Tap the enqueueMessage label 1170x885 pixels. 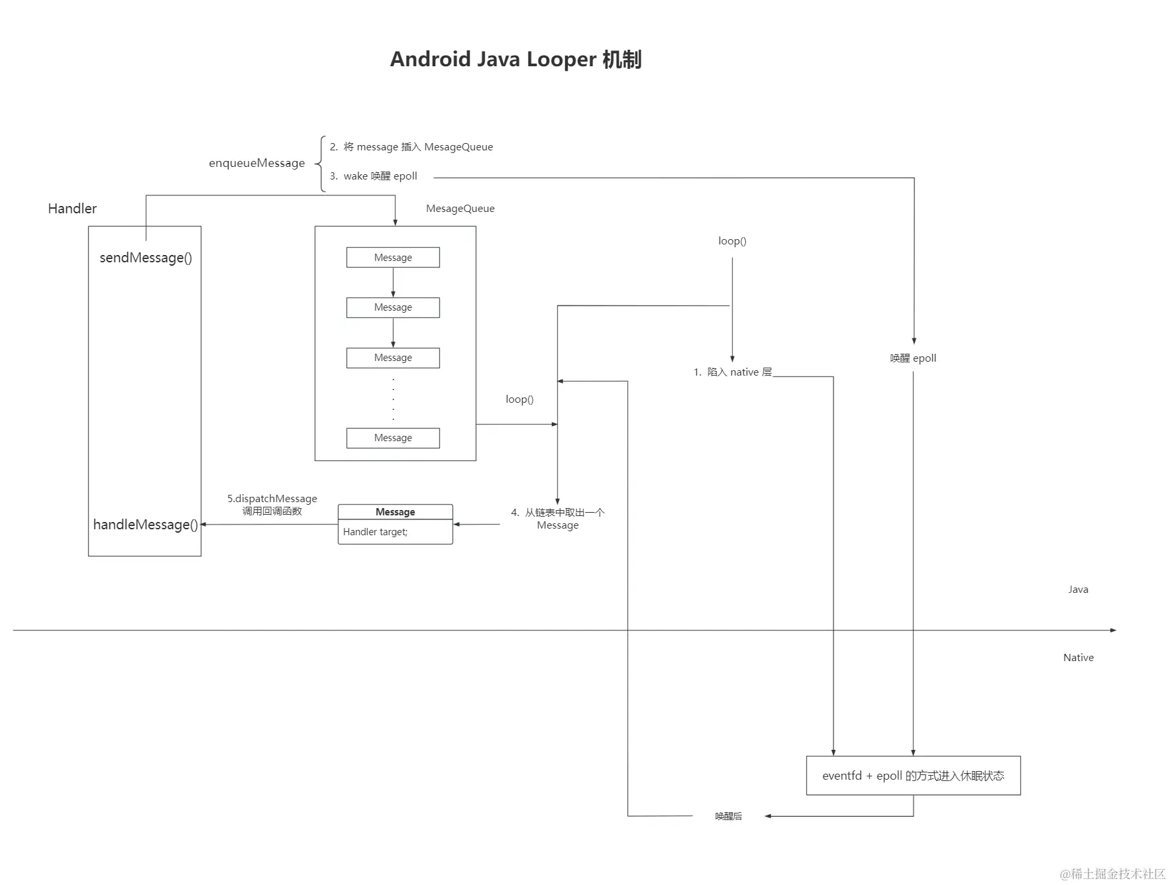point(257,163)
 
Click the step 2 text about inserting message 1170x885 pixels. point(411,147)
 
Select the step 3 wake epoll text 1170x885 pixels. point(374,176)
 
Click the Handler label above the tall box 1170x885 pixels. point(72,209)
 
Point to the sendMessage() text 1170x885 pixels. point(146,258)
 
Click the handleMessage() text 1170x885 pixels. point(145,525)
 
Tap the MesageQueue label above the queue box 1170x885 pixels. point(460,209)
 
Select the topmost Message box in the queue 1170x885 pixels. point(393,258)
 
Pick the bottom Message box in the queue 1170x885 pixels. point(393,438)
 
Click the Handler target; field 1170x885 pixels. point(376,532)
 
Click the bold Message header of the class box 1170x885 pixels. point(395,512)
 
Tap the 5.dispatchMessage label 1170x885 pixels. point(272,499)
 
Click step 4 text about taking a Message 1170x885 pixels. point(558,519)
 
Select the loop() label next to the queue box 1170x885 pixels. point(519,399)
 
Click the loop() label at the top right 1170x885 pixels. point(732,241)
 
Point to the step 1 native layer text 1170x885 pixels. point(733,372)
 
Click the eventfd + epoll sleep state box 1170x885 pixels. point(913,776)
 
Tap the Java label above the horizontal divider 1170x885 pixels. point(1078,590)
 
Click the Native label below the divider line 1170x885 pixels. point(1078,658)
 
